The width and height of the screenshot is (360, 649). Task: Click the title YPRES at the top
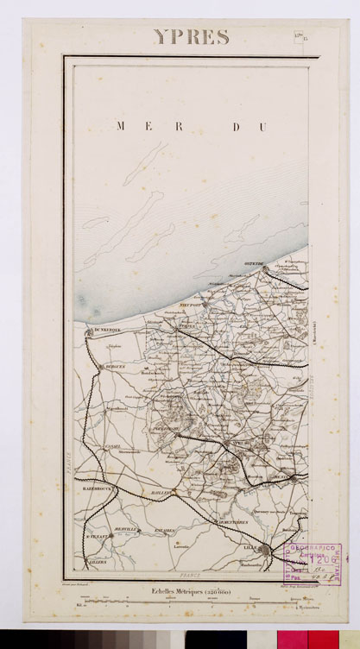191,36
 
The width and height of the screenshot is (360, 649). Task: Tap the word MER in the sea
136,126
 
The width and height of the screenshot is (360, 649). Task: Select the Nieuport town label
191,306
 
